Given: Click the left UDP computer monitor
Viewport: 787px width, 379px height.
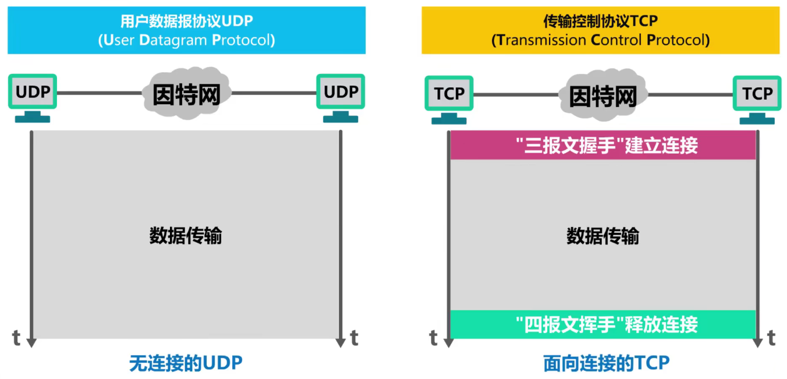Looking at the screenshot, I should [33, 92].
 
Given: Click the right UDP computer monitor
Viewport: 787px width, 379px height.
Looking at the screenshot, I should [341, 92].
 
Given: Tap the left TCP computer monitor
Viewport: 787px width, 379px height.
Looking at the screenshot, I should [449, 93].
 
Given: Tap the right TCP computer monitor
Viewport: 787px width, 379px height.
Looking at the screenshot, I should [757, 93].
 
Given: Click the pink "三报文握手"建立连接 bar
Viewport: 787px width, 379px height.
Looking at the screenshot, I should [602, 146].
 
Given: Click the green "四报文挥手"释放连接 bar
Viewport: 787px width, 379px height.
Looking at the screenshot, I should [602, 324].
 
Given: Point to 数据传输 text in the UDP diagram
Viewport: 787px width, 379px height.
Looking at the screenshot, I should [186, 236].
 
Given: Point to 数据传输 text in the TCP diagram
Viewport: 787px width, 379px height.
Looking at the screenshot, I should [602, 236].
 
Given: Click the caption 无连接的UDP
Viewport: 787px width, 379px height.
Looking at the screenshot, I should [186, 363].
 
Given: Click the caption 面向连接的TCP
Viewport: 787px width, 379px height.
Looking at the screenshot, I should [606, 363].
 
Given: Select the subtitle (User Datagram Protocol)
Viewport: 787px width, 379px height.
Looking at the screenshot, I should [186, 40].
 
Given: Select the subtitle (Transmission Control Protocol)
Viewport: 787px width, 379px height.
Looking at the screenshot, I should [600, 40].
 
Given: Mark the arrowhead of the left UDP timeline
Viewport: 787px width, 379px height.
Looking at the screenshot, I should [32, 343].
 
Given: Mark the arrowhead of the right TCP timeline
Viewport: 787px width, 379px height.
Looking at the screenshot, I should [757, 343].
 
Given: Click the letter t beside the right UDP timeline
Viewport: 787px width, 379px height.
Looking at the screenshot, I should [354, 337].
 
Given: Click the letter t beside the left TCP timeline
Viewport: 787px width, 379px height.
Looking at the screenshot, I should [434, 337].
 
